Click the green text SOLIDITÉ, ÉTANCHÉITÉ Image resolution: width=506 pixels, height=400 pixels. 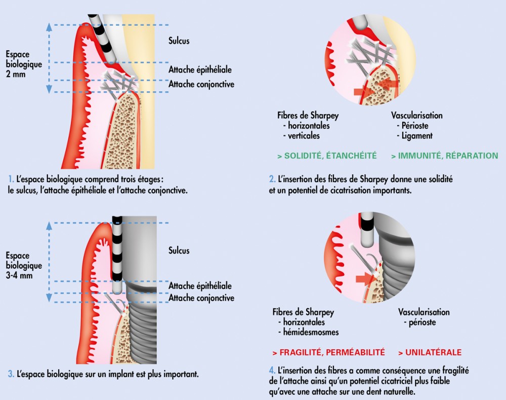pos(327,156)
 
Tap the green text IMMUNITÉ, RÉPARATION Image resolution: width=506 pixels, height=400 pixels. pos(445,156)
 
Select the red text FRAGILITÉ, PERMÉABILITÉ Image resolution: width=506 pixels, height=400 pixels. pos(328,352)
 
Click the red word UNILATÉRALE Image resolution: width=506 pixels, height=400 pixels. pos(430,352)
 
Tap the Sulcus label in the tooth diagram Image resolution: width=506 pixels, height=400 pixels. pos(179,41)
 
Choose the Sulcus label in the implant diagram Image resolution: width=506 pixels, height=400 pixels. pos(179,250)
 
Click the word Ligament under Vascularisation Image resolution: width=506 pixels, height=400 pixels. pos(415,136)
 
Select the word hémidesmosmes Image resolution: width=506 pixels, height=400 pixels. pos(308,332)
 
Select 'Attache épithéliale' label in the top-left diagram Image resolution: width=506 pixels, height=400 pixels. pos(200,70)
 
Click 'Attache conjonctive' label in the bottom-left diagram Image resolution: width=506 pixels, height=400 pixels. pos(201,298)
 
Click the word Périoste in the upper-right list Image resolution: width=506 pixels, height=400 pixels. pos(412,126)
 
